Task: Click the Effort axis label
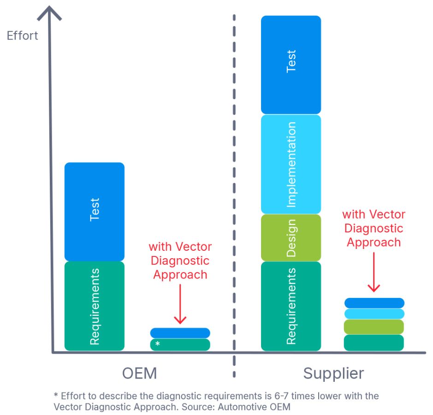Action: coord(23,36)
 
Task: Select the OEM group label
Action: coord(139,373)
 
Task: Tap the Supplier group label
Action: coord(333,374)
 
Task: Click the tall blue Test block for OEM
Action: coord(95,212)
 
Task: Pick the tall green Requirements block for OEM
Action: coord(95,306)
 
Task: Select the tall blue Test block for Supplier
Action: coord(291,65)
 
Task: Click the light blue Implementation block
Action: coord(291,164)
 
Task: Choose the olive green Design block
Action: coord(291,238)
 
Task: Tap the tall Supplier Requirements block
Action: coord(291,306)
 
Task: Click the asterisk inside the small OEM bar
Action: coord(157,344)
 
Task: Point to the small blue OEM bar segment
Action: coord(180,333)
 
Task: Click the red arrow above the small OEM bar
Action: coord(180,304)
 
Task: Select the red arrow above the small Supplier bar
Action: coord(374,272)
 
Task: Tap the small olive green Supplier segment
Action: coord(374,326)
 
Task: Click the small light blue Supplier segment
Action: coord(374,314)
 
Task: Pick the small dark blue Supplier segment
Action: coord(374,303)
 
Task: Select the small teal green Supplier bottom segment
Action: coord(374,343)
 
